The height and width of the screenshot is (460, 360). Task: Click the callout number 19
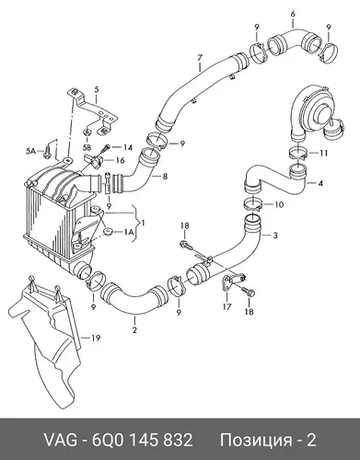pos(96,339)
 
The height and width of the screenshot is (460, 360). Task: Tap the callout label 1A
pos(129,233)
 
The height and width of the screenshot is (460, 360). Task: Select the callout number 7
pos(200,57)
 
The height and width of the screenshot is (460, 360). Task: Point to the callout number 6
pos(293,14)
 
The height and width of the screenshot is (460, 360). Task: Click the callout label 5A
pos(30,151)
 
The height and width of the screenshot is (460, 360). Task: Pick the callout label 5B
pos(87,148)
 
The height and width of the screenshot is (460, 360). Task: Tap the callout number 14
pos(128,147)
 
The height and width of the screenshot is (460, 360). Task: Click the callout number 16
pos(121,160)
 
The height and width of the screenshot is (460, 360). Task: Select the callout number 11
pos(323,153)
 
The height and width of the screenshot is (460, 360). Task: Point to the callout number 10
pos(279,204)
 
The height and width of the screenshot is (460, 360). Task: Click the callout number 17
pos(226,306)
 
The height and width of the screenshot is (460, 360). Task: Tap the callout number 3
pos(275,236)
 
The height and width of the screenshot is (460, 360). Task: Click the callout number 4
pos(320,183)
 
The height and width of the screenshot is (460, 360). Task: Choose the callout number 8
pos(165,177)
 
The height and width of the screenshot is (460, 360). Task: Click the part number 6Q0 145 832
pos(143,441)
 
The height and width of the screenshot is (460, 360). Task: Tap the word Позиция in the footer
pos(256,441)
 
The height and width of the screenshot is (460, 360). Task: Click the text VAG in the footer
pos(61,441)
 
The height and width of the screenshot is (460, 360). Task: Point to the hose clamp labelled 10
pos(253,204)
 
